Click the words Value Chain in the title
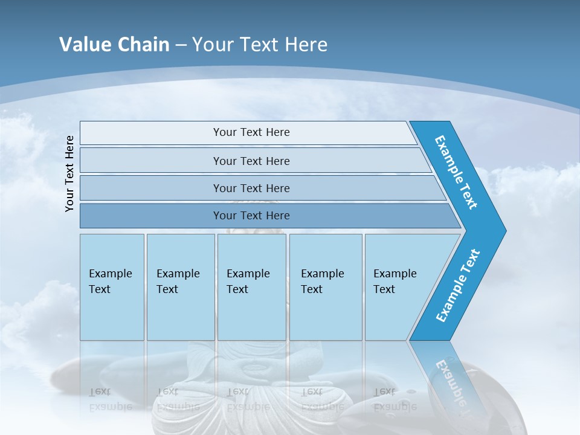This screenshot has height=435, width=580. tap(114, 45)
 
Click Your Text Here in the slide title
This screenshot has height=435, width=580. tap(260, 45)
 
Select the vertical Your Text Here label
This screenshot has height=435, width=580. tap(69, 173)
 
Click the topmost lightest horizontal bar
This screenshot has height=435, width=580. tap(251, 132)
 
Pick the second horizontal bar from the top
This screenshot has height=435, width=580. tap(251, 161)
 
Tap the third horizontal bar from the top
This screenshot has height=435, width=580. tap(251, 188)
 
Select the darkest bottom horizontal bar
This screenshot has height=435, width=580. tap(251, 216)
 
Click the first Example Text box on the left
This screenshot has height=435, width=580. tap(112, 287)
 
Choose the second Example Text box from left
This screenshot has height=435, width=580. tap(180, 287)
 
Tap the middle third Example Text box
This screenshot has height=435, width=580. tap(251, 287)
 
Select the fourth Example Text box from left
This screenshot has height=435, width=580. tap(325, 287)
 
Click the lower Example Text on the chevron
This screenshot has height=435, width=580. tap(457, 286)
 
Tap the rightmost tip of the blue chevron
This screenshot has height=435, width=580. tap(504, 231)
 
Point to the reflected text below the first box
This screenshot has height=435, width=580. tap(111, 399)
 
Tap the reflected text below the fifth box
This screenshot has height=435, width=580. tap(395, 399)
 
